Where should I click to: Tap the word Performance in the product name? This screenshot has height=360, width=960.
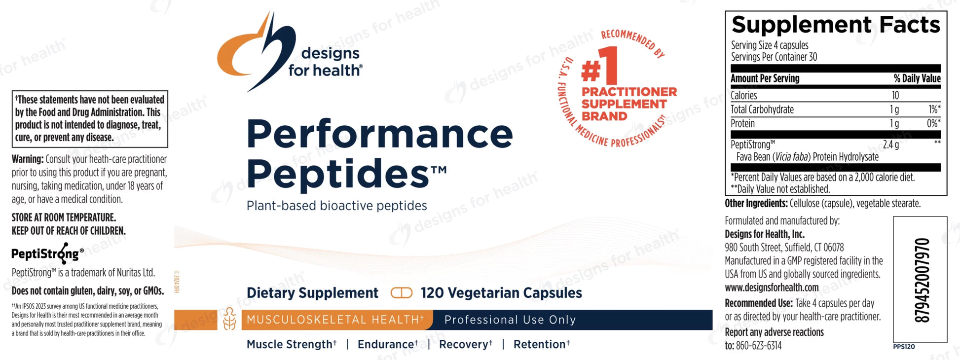tap(380, 134)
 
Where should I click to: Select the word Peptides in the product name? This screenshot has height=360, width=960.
tap(338, 174)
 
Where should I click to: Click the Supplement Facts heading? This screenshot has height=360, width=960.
tap(836, 25)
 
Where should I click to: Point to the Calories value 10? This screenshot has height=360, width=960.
tap(895, 95)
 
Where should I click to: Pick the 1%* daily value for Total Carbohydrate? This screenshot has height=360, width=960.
tap(934, 109)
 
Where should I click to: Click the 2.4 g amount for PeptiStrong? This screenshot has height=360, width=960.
tap(890, 145)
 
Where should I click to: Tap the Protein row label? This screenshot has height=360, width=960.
tap(742, 123)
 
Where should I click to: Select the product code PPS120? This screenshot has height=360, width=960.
tap(904, 347)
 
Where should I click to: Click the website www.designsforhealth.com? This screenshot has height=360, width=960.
tap(772, 288)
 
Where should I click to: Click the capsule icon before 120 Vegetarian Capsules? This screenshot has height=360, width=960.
tap(401, 293)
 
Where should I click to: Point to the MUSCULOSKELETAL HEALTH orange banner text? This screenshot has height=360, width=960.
tap(335, 320)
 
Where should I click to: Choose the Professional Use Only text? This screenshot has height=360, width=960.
tap(510, 320)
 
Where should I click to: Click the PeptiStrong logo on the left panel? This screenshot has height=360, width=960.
tap(47, 254)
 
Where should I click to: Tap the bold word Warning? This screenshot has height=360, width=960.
tap(28, 159)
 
